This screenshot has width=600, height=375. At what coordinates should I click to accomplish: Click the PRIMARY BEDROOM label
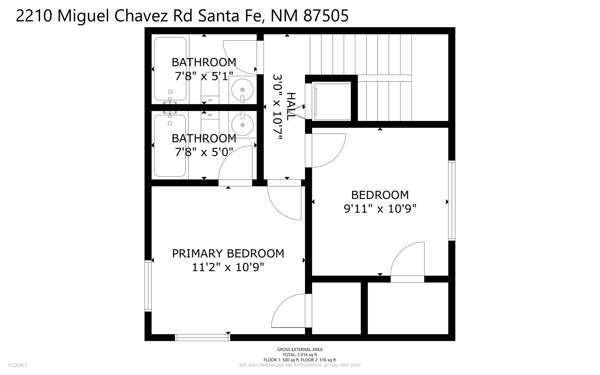coord(228,254)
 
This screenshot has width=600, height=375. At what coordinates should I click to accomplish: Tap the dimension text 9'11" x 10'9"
coord(380,209)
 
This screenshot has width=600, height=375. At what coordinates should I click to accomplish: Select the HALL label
coord(291,106)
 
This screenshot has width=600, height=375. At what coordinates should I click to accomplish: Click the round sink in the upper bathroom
coord(242,90)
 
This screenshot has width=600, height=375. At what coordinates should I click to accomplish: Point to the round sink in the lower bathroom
coord(242,125)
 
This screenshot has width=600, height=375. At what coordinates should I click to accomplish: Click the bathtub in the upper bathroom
coord(170,69)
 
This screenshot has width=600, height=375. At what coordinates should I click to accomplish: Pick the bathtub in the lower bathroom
coord(170,146)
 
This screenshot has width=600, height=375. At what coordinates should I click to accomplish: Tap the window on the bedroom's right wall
coord(452,200)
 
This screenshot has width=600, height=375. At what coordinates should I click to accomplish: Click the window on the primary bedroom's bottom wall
coord(203,338)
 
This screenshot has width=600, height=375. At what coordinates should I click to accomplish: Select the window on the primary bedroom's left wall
coord(148,286)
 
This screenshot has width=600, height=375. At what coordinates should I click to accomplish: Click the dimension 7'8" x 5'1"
coord(204,76)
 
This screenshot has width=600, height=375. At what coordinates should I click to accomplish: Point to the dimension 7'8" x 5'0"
coord(204,152)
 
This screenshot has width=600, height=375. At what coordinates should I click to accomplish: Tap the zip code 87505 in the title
coord(326,16)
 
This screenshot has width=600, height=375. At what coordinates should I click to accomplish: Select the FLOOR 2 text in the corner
coord(18,365)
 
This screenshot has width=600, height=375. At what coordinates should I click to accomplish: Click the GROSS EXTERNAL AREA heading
coord(300,349)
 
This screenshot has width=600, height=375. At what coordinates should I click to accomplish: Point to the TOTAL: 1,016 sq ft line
coord(300,355)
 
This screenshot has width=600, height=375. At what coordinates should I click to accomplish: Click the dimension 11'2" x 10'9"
coord(228,267)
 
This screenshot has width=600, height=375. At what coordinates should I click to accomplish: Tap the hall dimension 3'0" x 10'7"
coord(277,107)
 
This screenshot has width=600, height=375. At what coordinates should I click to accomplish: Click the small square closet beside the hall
coord(332,101)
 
